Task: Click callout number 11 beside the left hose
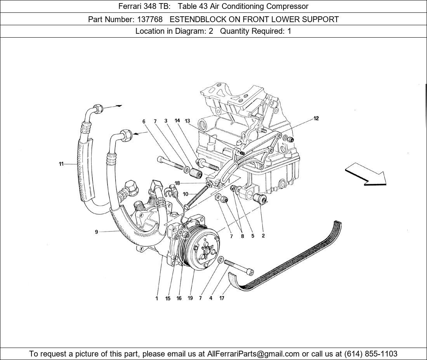[x=61, y=164]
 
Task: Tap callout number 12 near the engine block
[x=316, y=118]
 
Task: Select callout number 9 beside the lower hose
[x=96, y=232]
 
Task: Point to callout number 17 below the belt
[x=222, y=298]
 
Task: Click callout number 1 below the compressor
[x=157, y=298]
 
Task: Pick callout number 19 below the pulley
[x=190, y=298]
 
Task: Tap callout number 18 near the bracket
[x=177, y=183]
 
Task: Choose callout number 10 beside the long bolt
[x=186, y=194]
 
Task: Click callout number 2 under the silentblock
[x=263, y=236]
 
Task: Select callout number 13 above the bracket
[x=187, y=121]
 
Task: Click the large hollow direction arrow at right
[x=365, y=173]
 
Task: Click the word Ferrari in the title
[x=130, y=6]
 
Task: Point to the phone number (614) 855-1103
[x=371, y=354]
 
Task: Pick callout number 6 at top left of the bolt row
[x=144, y=121]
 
